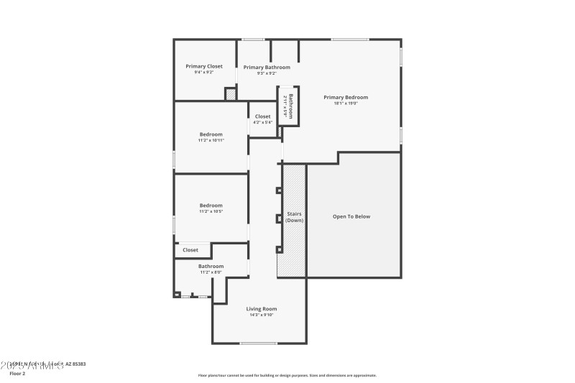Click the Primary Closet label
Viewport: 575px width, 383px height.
point(204,66)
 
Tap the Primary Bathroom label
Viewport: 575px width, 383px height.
point(267,67)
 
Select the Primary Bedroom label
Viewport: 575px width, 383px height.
point(345,97)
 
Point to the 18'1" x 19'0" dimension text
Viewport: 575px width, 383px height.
point(345,103)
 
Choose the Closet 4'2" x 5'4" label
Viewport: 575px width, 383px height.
point(262,116)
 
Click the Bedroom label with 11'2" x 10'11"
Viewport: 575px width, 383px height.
point(211,134)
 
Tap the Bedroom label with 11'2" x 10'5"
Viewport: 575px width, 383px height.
point(211,206)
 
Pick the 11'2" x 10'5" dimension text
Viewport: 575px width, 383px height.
point(211,212)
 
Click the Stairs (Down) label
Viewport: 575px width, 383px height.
point(294,217)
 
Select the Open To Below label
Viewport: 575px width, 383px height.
point(351,216)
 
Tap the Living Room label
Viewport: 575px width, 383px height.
point(261,308)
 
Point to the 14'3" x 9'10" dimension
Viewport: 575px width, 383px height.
point(261,315)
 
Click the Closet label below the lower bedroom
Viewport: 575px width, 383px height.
point(190,250)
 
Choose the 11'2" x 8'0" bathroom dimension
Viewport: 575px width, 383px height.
point(211,272)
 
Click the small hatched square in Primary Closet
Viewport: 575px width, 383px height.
point(231,93)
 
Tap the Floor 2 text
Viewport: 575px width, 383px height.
point(17,374)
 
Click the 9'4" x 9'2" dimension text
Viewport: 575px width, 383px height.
point(204,73)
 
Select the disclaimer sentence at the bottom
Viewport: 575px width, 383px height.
point(287,375)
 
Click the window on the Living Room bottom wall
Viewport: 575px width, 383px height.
point(259,343)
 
